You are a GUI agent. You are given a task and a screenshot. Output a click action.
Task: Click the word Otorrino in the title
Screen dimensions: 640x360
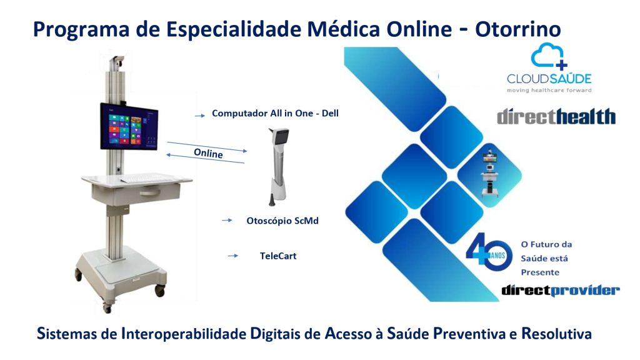pos(518,29)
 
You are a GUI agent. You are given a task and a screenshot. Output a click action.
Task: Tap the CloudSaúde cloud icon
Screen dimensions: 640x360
pos(549,56)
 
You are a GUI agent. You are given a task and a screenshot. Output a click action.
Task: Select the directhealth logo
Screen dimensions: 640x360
pos(556,116)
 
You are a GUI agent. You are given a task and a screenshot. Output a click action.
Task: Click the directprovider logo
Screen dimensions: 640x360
pos(561,290)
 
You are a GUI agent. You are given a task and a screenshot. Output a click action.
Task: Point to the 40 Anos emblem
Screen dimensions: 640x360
pos(489,252)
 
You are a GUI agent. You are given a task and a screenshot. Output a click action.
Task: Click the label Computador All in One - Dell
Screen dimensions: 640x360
pos(275,114)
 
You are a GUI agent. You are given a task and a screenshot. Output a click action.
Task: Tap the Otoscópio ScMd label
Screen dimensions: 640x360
pos(282,221)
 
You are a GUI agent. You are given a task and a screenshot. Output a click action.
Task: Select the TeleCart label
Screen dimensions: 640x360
pos(278,256)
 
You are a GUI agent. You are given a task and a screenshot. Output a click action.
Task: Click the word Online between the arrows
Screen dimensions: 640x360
pos(208,154)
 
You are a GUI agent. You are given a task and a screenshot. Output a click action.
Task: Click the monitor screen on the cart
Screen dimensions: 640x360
pos(129,127)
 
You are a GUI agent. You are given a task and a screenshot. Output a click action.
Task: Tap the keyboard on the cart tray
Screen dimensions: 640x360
pos(147,178)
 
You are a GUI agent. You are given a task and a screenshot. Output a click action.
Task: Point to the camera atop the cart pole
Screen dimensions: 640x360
pos(117,62)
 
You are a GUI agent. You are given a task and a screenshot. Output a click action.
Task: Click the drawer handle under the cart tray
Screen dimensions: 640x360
pos(149,192)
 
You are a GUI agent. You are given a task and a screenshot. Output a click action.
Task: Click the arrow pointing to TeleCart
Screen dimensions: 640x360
pos(232,256)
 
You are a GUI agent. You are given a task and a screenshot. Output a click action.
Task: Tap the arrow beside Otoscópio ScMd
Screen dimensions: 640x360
pos(227,221)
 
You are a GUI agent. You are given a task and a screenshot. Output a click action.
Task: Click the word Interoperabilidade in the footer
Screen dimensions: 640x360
pos(184,334)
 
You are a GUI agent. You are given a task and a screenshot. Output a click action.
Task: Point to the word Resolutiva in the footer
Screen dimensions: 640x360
pos(557,334)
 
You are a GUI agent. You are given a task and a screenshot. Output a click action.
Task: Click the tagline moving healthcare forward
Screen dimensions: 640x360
pos(549,90)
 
